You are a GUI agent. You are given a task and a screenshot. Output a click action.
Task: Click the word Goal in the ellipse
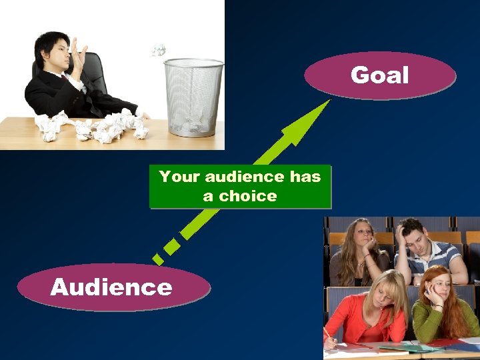tap(379, 75)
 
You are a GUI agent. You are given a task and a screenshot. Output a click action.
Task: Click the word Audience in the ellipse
tap(111, 287)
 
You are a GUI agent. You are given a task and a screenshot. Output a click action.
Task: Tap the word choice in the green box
tap(248, 196)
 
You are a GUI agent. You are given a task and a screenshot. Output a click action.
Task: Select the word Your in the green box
tap(179, 177)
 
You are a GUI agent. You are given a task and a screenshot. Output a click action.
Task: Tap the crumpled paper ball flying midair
tap(158, 49)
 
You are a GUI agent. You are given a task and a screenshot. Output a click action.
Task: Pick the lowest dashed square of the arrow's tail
tap(157, 257)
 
